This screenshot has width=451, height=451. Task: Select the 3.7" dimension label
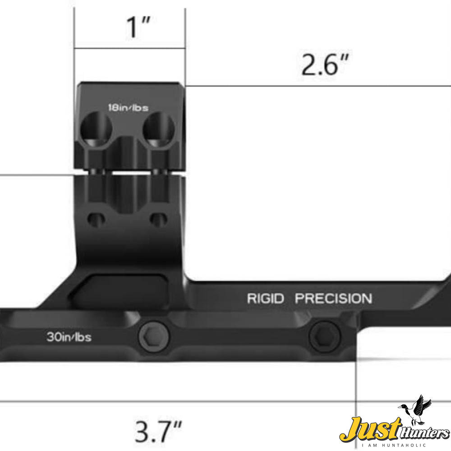(x=159, y=430)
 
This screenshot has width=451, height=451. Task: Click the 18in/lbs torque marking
(x=128, y=108)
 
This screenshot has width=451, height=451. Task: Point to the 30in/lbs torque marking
(x=69, y=337)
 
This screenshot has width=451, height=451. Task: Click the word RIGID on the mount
(x=266, y=299)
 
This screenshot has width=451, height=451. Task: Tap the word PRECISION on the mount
(x=333, y=299)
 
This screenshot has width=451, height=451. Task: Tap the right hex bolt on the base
(x=323, y=336)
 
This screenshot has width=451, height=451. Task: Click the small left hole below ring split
(x=96, y=220)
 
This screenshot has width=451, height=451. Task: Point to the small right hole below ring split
(x=158, y=220)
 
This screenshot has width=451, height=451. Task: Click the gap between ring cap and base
(x=131, y=173)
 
